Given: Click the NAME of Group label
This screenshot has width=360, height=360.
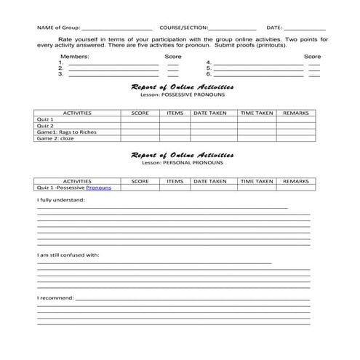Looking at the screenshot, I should (x=59, y=27).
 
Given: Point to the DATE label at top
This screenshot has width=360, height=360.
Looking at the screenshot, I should (x=274, y=27).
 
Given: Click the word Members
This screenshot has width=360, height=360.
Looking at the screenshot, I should (x=74, y=56).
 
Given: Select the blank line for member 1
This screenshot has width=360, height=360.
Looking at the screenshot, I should (x=113, y=64).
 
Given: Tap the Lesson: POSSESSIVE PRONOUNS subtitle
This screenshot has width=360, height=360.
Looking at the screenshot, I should (x=183, y=95).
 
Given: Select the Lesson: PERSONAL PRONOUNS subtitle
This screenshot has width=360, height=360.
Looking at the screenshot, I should (x=183, y=162).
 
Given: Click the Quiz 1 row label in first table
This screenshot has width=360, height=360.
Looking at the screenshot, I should (x=45, y=119).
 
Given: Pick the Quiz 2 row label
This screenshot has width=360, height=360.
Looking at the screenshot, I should (x=45, y=125).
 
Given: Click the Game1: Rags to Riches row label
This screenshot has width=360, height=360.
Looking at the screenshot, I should (x=66, y=132).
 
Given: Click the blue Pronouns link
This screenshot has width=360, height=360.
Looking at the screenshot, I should (x=98, y=188).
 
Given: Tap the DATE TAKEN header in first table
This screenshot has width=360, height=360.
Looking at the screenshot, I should (x=211, y=113).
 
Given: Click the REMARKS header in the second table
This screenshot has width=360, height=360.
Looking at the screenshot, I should (x=296, y=181).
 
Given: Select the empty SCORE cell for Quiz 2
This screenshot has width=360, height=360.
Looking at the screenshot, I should (x=140, y=125).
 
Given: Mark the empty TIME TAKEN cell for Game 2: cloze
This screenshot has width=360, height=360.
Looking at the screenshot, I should (x=256, y=138).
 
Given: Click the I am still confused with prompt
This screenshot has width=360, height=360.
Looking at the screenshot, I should (x=68, y=255).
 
